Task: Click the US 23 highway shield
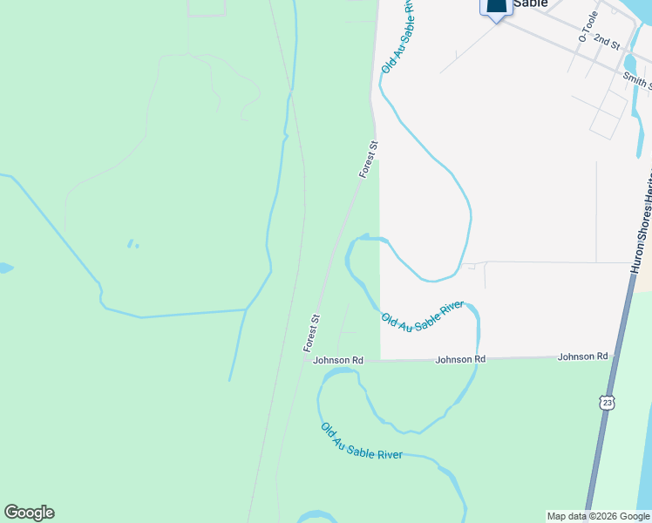click(607, 401)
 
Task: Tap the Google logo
click(29, 513)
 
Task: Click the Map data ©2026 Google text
click(598, 516)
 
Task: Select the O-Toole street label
click(586, 32)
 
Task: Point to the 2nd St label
click(606, 41)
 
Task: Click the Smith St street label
click(636, 81)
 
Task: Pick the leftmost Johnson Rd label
click(338, 360)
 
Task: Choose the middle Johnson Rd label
click(460, 359)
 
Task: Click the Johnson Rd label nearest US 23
click(582, 357)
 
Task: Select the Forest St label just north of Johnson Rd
click(313, 332)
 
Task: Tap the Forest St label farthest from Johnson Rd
click(369, 160)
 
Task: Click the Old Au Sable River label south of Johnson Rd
click(361, 442)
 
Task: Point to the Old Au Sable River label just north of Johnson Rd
click(422, 316)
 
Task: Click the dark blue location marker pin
click(495, 8)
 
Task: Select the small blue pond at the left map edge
click(4, 268)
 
